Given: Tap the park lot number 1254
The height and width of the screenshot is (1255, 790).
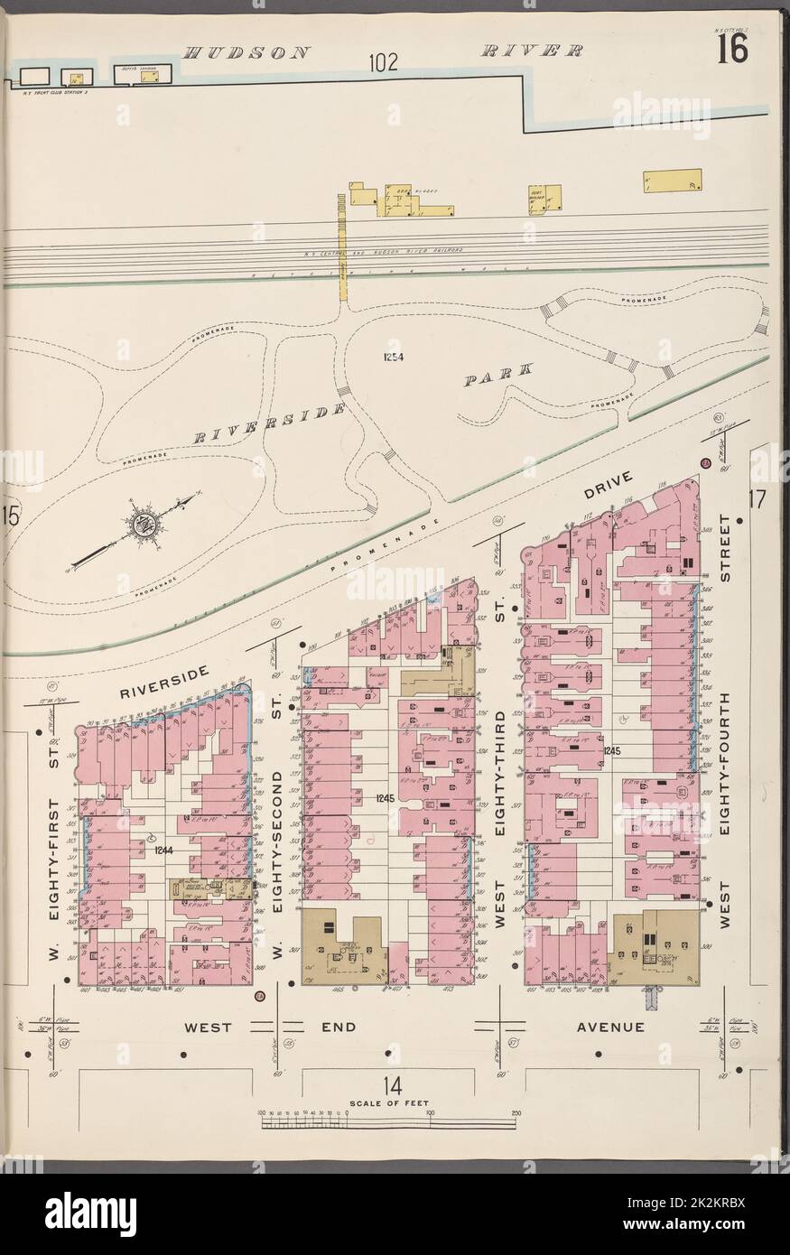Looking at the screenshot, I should click(x=393, y=357).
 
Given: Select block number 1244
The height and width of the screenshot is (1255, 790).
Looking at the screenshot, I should click(x=163, y=849).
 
